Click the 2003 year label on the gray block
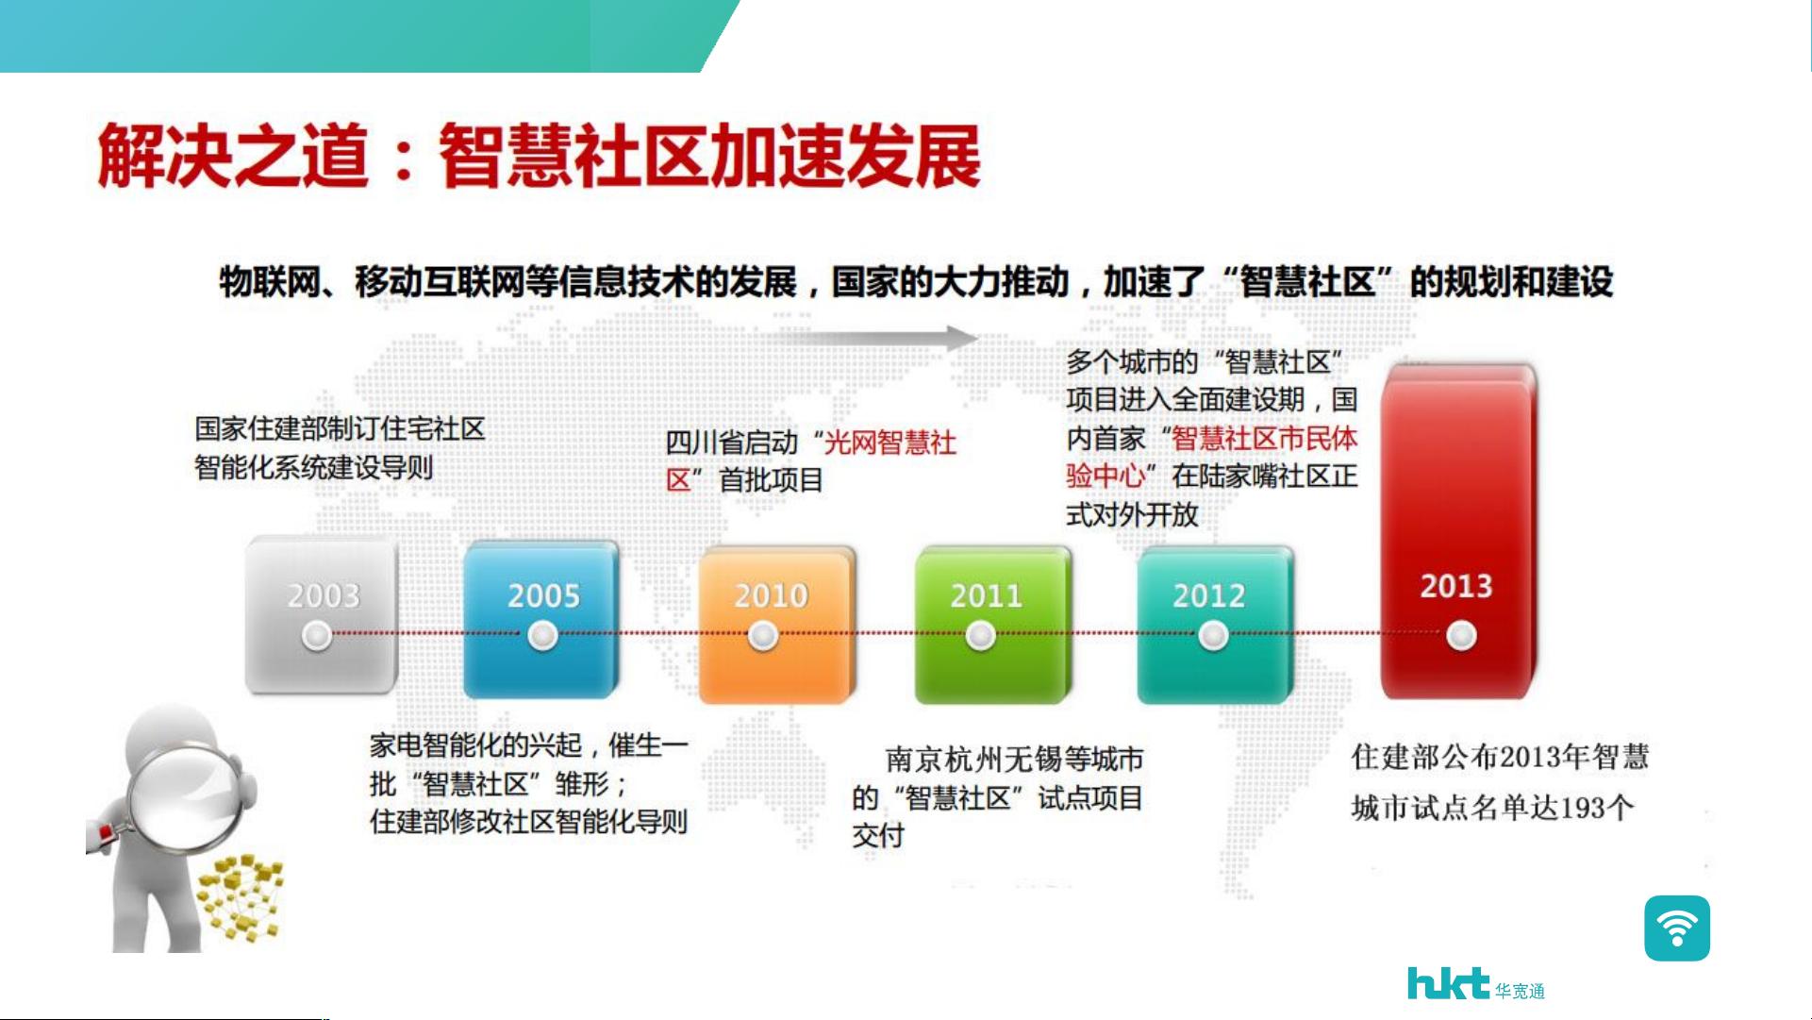pos(324,595)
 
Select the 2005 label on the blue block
pos(543,595)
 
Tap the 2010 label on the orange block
pos(772,595)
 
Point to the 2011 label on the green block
pos(986,595)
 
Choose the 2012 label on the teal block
pos(1208,595)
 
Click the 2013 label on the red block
pos(1456,586)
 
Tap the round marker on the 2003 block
pos(317,636)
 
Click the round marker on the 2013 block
pos(1461,636)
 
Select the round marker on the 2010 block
pos(763,636)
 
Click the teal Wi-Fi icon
pos(1677,928)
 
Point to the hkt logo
pos(1475,983)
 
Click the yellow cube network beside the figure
pos(240,896)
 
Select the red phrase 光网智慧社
pos(890,442)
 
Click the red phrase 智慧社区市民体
pos(1265,438)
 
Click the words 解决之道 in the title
pos(232,156)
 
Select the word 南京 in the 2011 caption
pos(914,759)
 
